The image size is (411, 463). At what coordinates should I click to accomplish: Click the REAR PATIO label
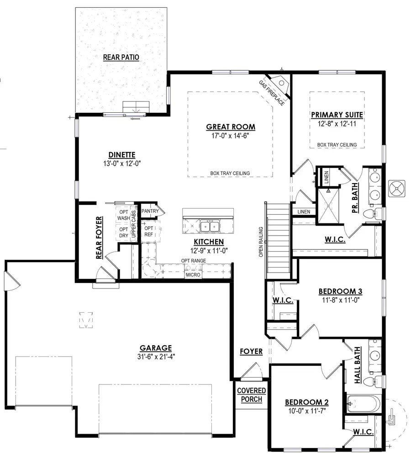[x=121, y=57]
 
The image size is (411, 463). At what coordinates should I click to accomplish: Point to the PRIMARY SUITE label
[x=337, y=115]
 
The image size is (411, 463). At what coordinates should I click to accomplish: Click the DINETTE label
[x=122, y=154]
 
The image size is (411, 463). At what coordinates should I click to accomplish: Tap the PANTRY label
[x=150, y=211]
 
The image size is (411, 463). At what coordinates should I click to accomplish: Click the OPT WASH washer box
[x=124, y=215]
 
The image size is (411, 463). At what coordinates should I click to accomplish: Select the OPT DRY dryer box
[x=124, y=232]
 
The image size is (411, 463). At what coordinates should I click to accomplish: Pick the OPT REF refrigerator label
[x=149, y=231]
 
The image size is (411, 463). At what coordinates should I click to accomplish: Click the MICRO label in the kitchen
[x=193, y=275]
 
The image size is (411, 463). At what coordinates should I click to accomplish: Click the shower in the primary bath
[x=329, y=206]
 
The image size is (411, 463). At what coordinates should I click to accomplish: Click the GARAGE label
[x=156, y=347]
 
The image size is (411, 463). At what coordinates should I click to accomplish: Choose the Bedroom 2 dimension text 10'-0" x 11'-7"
[x=306, y=411]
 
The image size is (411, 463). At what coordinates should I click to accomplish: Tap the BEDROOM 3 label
[x=340, y=291]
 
